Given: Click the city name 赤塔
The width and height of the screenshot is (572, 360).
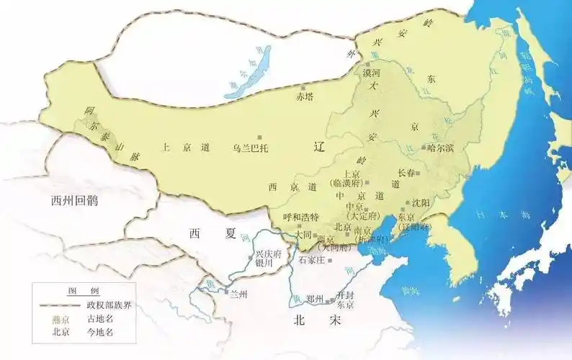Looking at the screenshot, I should pos(305,96).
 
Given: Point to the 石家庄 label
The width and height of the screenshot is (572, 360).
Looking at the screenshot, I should pos(313,258).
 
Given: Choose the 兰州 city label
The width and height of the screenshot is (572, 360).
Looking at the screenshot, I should pos(237,294).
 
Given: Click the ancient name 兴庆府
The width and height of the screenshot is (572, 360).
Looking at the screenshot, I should pos(269,254).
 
